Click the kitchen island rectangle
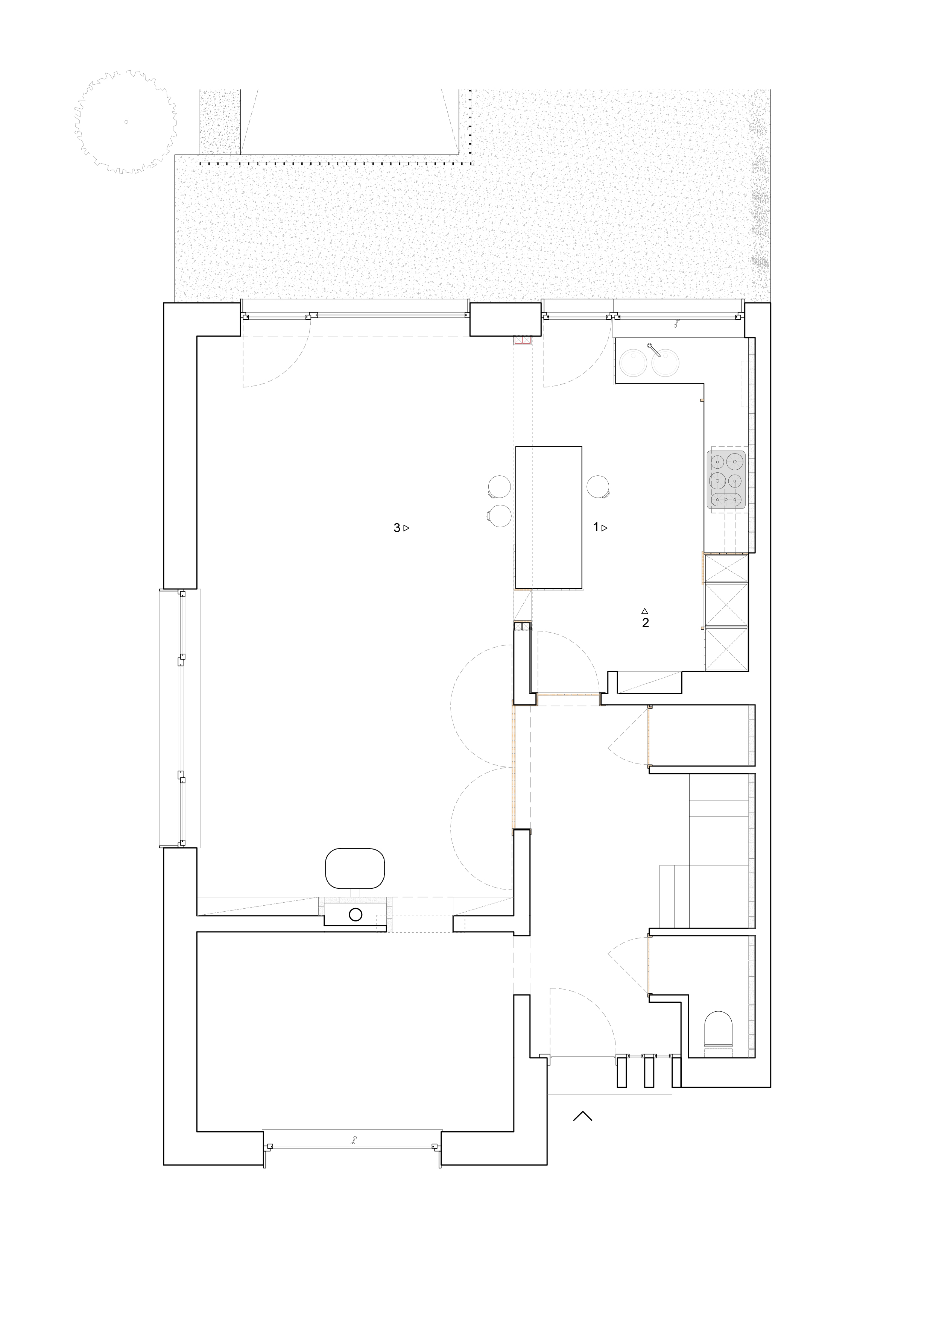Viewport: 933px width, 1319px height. pos(549,517)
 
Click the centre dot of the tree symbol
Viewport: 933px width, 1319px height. pos(126,122)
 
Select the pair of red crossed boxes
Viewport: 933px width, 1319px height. pos(522,341)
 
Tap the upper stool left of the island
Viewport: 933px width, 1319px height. pos(499,487)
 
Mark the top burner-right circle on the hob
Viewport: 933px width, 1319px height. pos(735,461)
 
